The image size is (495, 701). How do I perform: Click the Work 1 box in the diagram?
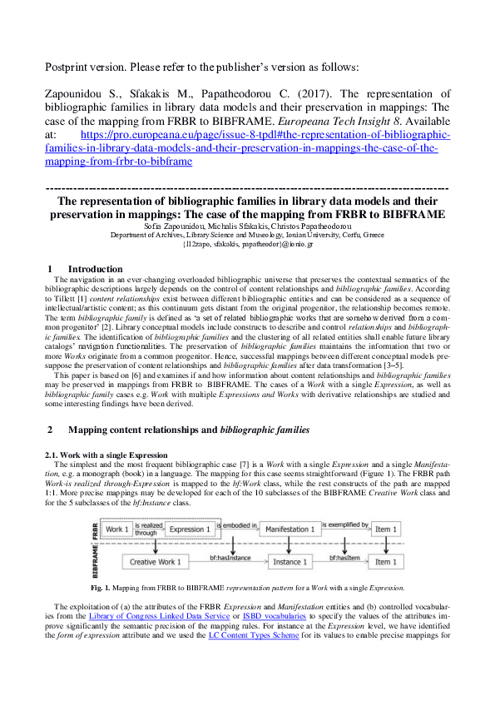(x=118, y=529)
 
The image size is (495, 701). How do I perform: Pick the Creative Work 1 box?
(x=153, y=562)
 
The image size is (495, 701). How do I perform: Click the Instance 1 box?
(x=288, y=562)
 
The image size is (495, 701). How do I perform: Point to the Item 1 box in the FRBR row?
(x=385, y=529)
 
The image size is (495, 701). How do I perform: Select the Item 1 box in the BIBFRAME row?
(x=385, y=562)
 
